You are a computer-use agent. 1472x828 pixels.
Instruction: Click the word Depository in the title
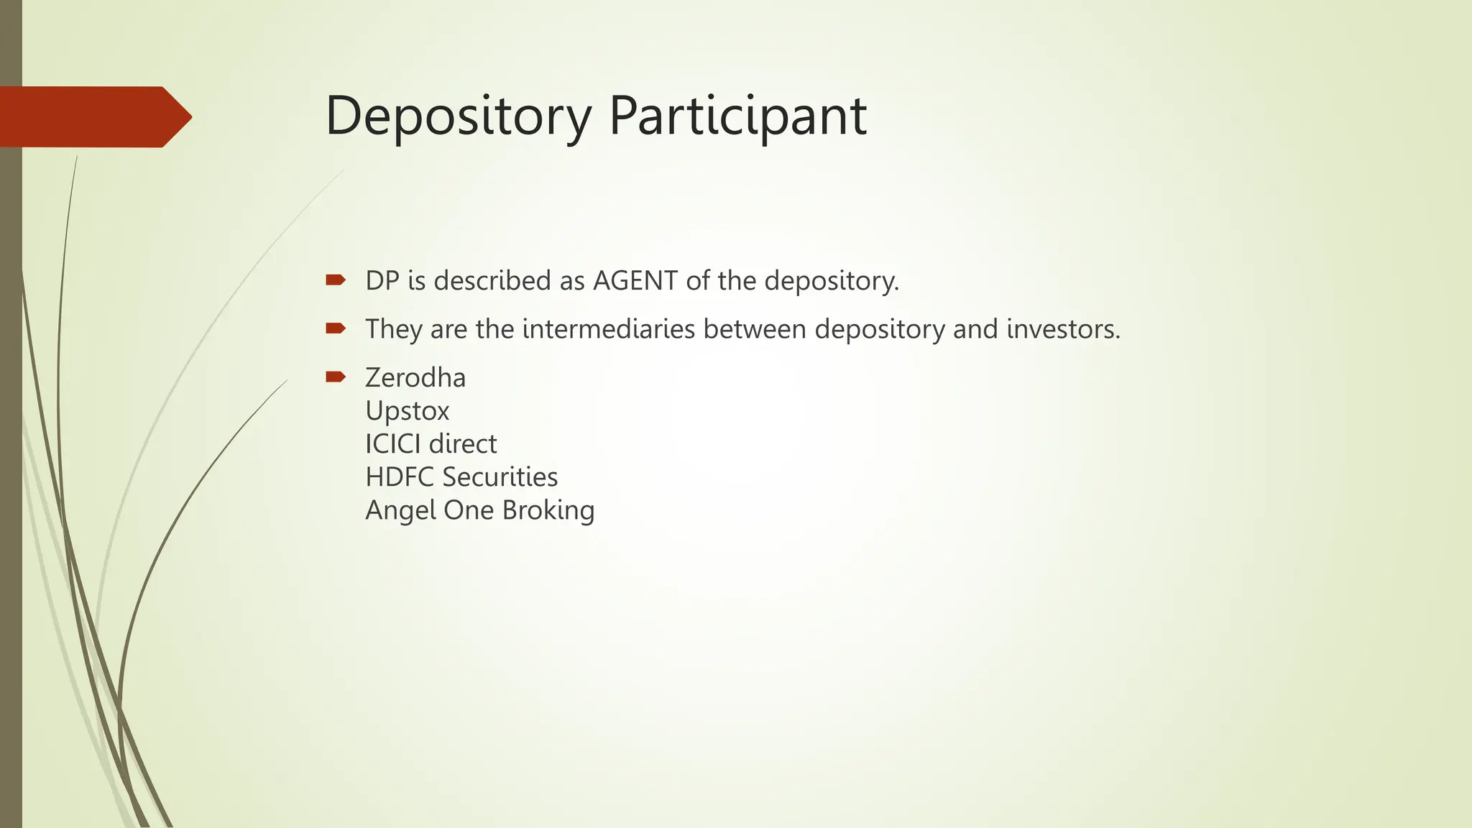[x=458, y=116]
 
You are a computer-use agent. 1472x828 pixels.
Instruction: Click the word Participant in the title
[x=737, y=116]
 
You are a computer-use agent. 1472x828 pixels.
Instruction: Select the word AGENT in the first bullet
[x=635, y=280]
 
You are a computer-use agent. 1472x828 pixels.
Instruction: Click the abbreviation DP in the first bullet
[x=382, y=280]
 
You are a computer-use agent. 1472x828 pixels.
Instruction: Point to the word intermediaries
[x=609, y=329]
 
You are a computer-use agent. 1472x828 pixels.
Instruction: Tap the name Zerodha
[x=415, y=378]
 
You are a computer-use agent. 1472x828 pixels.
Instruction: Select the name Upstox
[x=407, y=411]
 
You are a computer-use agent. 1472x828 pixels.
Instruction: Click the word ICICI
[x=393, y=444]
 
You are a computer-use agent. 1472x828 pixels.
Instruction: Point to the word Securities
[x=500, y=477]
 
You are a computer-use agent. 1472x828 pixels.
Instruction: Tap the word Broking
[x=548, y=511]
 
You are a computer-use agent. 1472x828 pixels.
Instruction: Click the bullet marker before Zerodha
[x=336, y=377]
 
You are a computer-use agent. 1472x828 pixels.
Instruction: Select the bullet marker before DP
[x=336, y=280]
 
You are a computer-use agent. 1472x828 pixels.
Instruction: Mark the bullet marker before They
[x=336, y=328]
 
